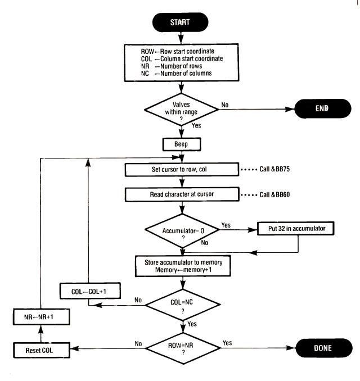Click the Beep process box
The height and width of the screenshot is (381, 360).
pyautogui.click(x=180, y=144)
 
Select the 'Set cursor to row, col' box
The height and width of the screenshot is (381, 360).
pyautogui.click(x=181, y=169)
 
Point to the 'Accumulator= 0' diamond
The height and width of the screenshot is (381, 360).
pyautogui.click(x=180, y=230)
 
